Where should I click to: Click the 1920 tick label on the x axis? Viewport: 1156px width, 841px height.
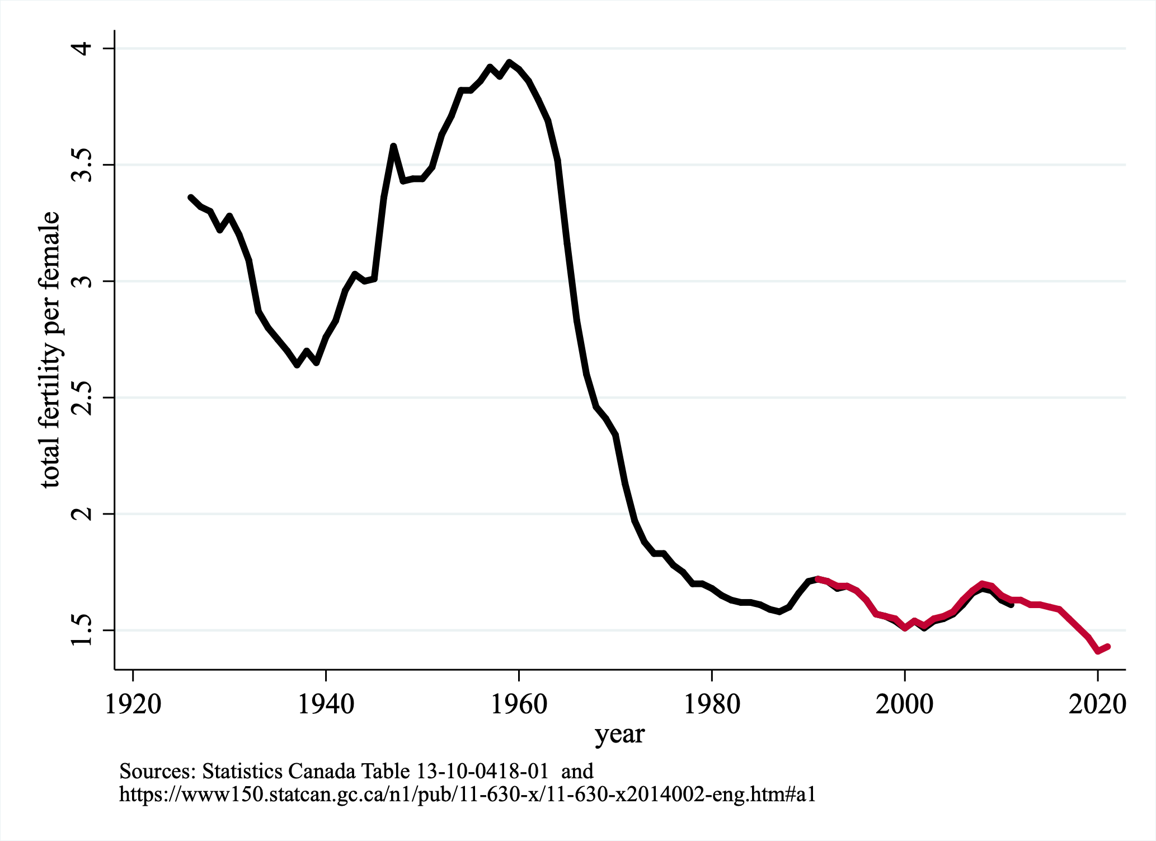[133, 704]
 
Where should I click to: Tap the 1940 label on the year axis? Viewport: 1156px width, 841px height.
[326, 704]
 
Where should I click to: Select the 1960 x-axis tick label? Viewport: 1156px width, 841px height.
[519, 704]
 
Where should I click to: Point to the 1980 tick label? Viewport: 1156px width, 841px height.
[712, 704]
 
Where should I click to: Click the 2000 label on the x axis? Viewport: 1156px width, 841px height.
[904, 704]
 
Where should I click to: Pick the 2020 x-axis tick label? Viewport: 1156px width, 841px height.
[1097, 704]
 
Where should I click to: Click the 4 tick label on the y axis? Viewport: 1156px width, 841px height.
[82, 49]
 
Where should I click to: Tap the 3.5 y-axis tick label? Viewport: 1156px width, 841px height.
[82, 165]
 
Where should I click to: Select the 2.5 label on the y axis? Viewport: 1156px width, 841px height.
[82, 398]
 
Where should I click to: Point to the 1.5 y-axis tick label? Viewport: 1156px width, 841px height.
[82, 630]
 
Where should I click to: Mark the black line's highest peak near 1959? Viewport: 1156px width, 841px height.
[509, 62]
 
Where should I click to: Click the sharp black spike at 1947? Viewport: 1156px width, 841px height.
[393, 146]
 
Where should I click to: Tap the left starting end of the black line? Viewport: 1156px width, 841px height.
[191, 197]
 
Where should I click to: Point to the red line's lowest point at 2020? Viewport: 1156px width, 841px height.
[1098, 651]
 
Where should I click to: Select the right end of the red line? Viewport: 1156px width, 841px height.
[1107, 647]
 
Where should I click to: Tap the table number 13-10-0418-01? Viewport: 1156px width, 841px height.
[483, 772]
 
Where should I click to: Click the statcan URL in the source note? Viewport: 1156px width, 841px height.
[467, 794]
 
